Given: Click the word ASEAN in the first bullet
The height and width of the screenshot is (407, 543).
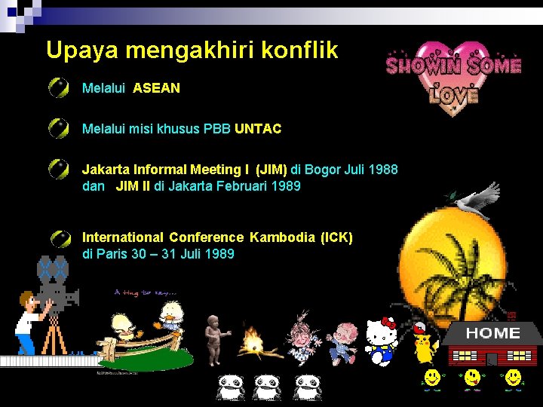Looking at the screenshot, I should click(156, 88).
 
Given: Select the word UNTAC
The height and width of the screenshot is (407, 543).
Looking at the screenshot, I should click(257, 129).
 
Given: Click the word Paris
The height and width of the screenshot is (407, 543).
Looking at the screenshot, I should click(112, 253).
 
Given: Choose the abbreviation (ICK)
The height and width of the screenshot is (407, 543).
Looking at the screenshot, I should click(336, 237).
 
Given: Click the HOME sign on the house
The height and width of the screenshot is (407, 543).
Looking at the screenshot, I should click(492, 333).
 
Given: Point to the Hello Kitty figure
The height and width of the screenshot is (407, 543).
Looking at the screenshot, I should click(382, 341).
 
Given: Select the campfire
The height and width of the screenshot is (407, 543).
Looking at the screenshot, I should click(253, 343).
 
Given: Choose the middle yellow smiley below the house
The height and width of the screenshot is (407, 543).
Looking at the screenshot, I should click(473, 379).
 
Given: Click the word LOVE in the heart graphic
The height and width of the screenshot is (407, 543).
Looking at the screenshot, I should click(454, 94).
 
